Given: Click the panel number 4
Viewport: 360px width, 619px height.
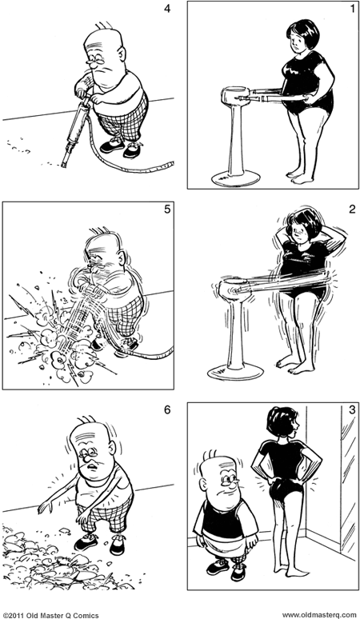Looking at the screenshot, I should (166, 10).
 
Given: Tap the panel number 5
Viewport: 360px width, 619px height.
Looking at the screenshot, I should (166, 210).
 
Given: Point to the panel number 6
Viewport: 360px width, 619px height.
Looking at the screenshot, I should (166, 411).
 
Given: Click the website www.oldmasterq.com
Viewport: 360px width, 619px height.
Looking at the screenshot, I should (319, 613).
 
